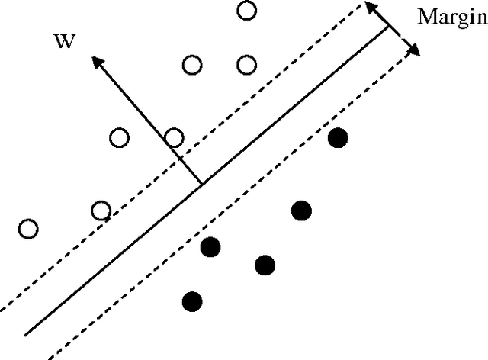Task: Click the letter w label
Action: tap(65, 40)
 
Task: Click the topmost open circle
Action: tap(246, 11)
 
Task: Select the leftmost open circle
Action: tap(28, 228)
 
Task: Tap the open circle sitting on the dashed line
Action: tap(101, 211)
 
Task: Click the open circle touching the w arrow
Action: tap(175, 138)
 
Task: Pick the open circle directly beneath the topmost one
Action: tap(246, 65)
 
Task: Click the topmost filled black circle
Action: tap(337, 137)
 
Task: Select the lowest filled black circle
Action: tap(193, 301)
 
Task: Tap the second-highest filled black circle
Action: tap(302, 211)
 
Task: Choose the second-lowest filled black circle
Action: tap(265, 265)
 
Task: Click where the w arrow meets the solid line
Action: tap(202, 184)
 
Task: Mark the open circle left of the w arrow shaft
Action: tap(120, 138)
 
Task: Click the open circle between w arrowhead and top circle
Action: tap(193, 65)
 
